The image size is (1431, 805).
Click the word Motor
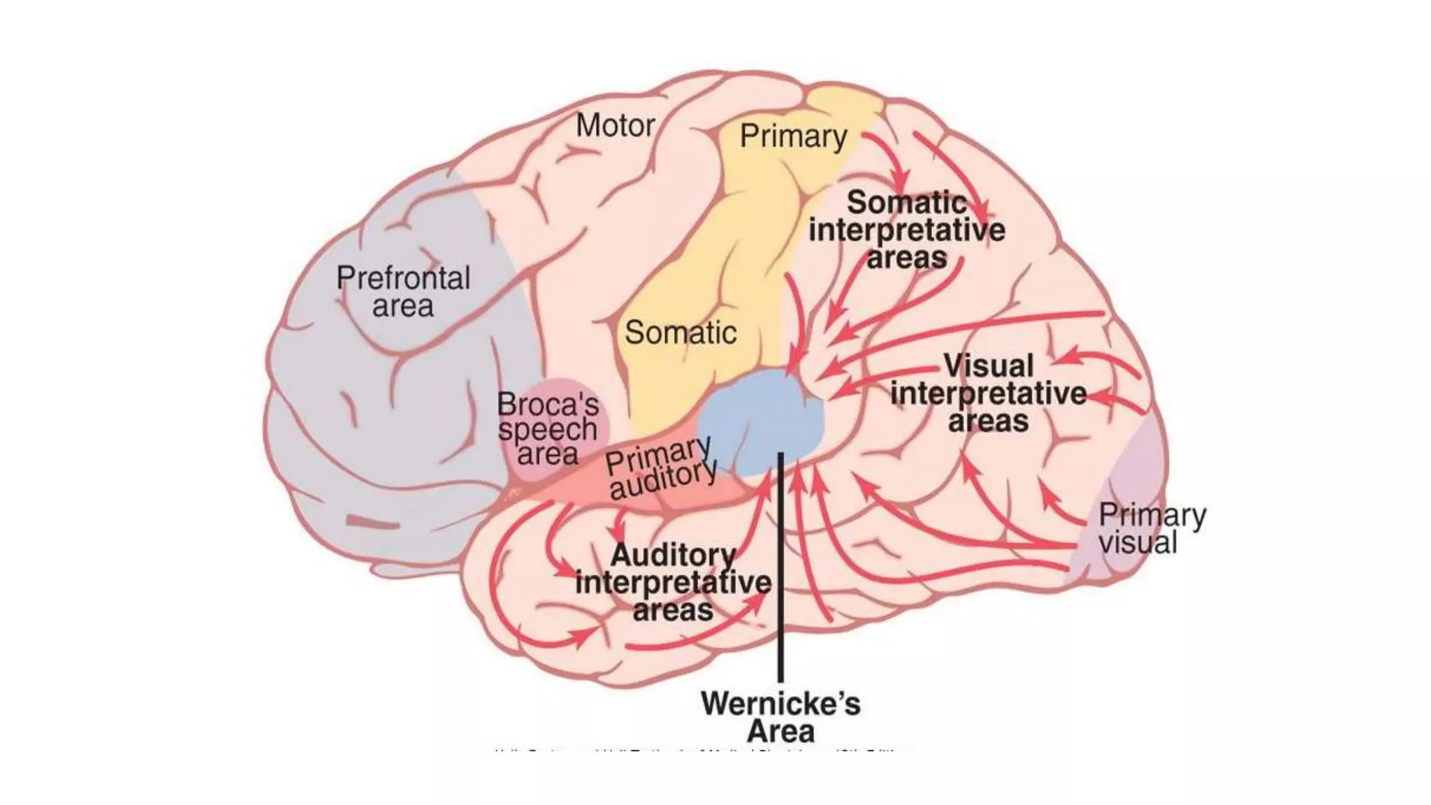[615, 126]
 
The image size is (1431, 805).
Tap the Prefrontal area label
[403, 292]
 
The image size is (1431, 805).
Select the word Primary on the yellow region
[793, 136]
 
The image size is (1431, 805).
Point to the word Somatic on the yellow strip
[680, 333]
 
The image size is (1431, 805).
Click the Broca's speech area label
[548, 429]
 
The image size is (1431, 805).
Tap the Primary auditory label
[660, 467]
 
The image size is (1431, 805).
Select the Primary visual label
[1152, 529]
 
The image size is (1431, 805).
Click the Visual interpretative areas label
[988, 393]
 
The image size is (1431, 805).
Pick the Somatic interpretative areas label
[907, 230]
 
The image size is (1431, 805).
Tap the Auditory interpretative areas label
[673, 583]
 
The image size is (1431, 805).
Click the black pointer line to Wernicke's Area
[780, 594]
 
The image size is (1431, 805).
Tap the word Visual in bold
[988, 365]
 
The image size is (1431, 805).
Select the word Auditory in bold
[673, 556]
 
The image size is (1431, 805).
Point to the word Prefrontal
[403, 278]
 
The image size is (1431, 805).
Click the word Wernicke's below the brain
[780, 704]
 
